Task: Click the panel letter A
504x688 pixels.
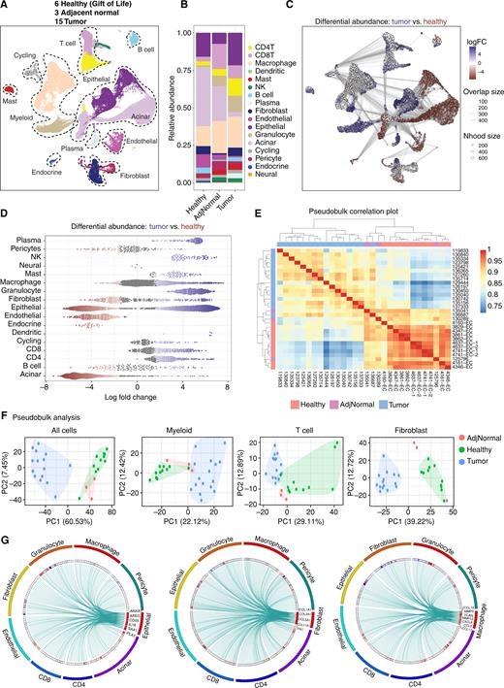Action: pyautogui.click(x=7, y=8)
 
